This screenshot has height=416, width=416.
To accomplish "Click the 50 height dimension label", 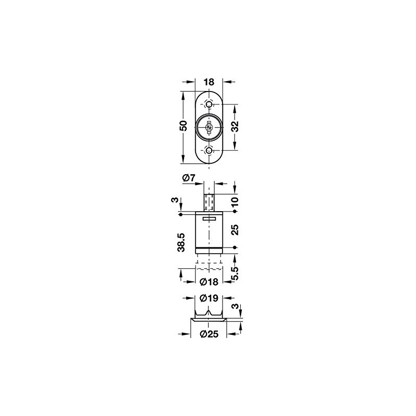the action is (x=184, y=126).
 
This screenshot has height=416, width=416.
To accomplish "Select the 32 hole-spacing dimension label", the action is (x=235, y=126).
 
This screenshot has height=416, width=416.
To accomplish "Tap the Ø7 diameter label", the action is (x=189, y=178).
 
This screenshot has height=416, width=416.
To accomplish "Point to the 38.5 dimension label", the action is (x=181, y=242).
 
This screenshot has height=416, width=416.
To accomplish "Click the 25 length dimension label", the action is (x=235, y=229).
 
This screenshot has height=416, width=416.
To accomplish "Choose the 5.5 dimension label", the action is (x=235, y=274).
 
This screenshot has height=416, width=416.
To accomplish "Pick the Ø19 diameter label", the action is (x=209, y=298).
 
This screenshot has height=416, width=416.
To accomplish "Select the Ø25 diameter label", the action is (x=209, y=334).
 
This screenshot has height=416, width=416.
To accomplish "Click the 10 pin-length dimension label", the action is (x=235, y=202).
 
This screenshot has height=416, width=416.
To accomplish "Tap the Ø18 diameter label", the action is (x=209, y=282).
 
